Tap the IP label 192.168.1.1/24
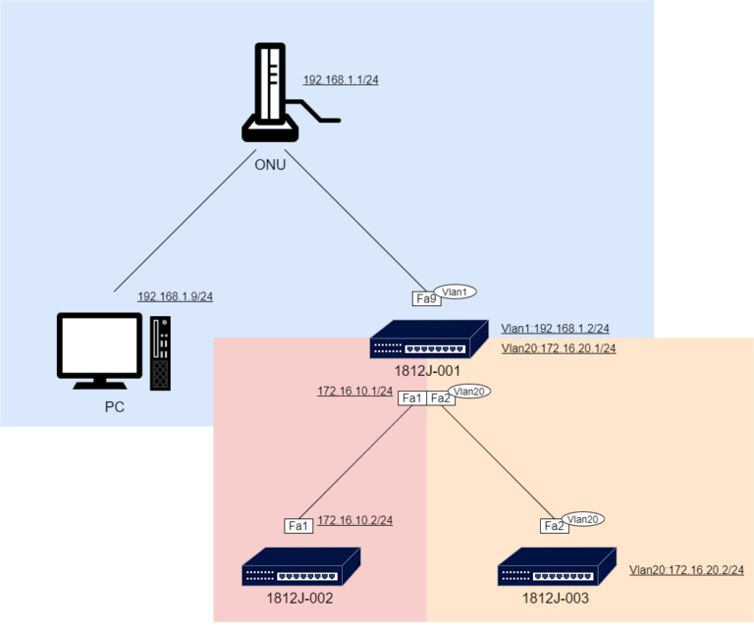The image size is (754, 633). click(x=340, y=80)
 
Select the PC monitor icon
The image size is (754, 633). click(x=99, y=349)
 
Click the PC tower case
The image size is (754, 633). click(x=160, y=351)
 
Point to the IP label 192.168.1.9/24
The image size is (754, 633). click(x=175, y=295)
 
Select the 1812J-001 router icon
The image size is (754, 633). click(x=428, y=340)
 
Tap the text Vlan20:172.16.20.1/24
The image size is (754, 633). click(x=558, y=348)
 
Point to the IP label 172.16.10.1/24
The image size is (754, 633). click(x=354, y=391)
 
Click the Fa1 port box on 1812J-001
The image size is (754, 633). click(x=412, y=397)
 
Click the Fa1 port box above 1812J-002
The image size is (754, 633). click(x=298, y=526)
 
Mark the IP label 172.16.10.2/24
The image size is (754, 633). click(x=354, y=519)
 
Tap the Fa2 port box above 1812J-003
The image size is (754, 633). click(x=555, y=526)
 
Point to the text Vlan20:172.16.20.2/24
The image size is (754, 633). click(x=685, y=569)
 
